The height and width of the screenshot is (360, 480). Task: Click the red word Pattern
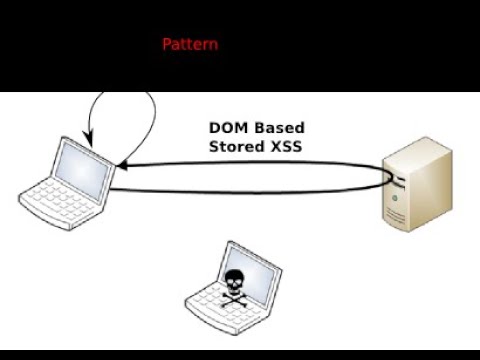190,44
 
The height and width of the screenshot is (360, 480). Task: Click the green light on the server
398,198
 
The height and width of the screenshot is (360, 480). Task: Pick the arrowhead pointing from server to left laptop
122,165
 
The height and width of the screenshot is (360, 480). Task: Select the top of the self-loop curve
125,95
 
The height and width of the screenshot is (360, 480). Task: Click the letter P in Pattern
167,44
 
